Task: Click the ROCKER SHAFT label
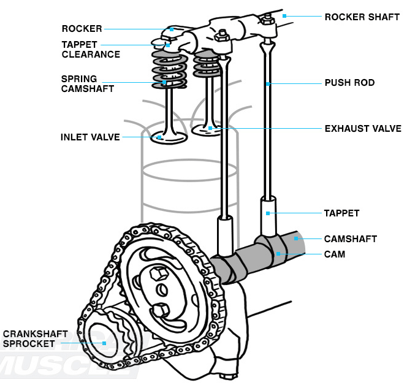tap(354, 16)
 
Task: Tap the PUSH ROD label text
tap(349, 83)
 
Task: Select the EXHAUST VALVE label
tap(363, 129)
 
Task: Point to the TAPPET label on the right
tap(341, 213)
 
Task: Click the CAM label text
tap(335, 253)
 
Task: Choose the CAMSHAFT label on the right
tap(350, 238)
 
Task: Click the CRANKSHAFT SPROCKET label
tap(29, 338)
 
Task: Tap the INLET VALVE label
tap(90, 137)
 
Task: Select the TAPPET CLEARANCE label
tap(91, 50)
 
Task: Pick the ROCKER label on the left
tap(82, 29)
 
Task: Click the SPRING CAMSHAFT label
tap(87, 83)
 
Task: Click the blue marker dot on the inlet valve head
tap(159, 137)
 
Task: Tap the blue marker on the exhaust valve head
tap(210, 129)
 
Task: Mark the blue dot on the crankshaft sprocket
tap(105, 343)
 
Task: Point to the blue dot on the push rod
tap(268, 83)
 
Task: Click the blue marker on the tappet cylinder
tap(268, 213)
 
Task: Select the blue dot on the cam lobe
tap(278, 253)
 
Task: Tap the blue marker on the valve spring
tap(164, 82)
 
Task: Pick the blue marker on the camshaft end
tap(295, 238)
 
